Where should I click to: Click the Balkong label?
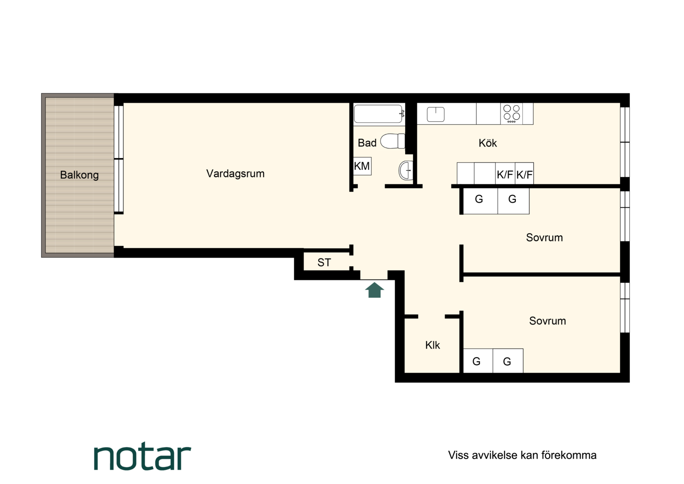pyautogui.click(x=79, y=175)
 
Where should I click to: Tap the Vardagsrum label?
pyautogui.click(x=235, y=174)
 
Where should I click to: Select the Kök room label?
pyautogui.click(x=487, y=143)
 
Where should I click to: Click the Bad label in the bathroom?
pyautogui.click(x=367, y=143)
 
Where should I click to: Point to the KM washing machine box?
pyautogui.click(x=362, y=166)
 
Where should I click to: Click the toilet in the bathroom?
pyautogui.click(x=393, y=141)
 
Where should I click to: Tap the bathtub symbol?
pyautogui.click(x=379, y=114)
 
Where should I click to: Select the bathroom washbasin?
pyautogui.click(x=406, y=170)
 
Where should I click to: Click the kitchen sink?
pyautogui.click(x=436, y=114)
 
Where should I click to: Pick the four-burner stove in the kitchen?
pyautogui.click(x=512, y=114)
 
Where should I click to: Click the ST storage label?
pyautogui.click(x=324, y=262)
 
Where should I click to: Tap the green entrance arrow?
pyautogui.click(x=375, y=290)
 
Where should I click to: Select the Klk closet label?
pyautogui.click(x=432, y=345)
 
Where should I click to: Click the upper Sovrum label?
pyautogui.click(x=544, y=238)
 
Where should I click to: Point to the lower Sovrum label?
pyautogui.click(x=547, y=321)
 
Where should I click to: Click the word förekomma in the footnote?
pyautogui.click(x=569, y=455)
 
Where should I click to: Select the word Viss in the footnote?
pyautogui.click(x=458, y=455)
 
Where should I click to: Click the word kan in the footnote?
pyautogui.click(x=530, y=455)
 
